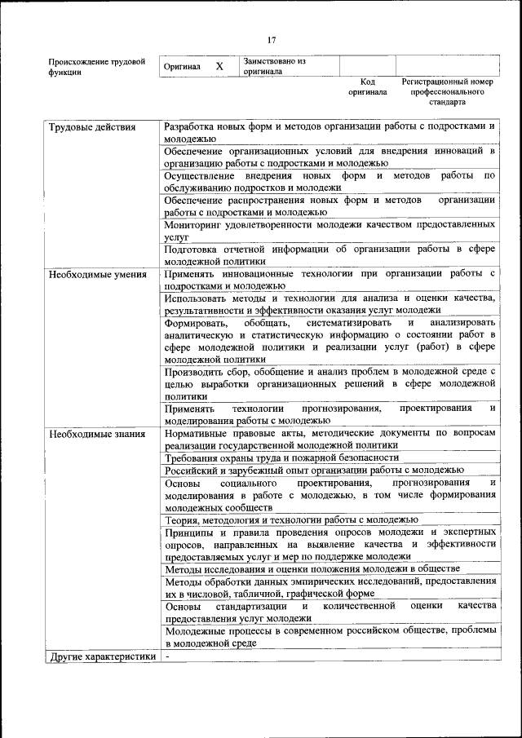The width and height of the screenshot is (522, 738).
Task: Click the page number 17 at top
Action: pos(272,39)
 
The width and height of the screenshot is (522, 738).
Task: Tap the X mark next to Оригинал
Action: pos(219,66)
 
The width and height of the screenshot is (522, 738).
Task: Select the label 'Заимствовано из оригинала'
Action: pos(273,66)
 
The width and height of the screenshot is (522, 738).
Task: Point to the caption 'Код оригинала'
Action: pos(368,87)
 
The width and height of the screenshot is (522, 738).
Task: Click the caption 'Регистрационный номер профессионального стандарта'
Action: pos(448,92)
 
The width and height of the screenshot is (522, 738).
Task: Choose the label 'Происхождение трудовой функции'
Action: pos(96,66)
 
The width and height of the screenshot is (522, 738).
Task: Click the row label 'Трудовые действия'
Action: pos(92,128)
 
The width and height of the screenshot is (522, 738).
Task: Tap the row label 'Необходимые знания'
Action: pos(96,434)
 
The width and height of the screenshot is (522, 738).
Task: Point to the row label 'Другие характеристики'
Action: pos(101,656)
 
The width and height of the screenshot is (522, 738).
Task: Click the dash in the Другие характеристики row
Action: pos(167,656)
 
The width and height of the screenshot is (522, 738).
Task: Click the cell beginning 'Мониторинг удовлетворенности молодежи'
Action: pos(330,229)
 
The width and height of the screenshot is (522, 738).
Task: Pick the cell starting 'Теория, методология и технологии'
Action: pos(291,519)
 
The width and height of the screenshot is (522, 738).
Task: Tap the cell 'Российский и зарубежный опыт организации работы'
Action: pos(314,471)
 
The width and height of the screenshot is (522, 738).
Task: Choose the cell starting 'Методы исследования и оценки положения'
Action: pos(312,568)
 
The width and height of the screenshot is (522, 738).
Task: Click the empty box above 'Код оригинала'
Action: pos(367,66)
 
